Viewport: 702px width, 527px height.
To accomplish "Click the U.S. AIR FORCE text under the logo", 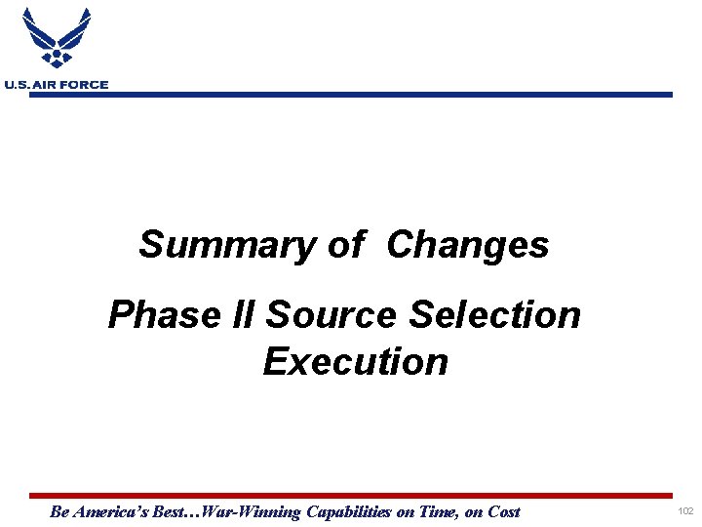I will [x=56, y=85].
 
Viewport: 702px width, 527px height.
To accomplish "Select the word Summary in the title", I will [x=225, y=244].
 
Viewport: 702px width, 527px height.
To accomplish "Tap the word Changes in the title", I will [x=468, y=244].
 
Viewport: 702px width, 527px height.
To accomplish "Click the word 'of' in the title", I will [x=346, y=244].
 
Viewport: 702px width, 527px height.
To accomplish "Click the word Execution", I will [x=355, y=361].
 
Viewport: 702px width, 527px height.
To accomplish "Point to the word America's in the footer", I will [x=110, y=511].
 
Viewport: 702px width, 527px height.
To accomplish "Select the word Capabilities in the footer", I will [x=349, y=511].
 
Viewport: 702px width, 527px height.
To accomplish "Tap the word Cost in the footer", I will [x=502, y=511].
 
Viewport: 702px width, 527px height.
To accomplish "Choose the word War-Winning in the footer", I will [x=255, y=511].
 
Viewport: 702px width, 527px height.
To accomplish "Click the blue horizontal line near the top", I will [x=390, y=95].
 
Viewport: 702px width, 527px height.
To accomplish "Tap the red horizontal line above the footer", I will [x=351, y=496].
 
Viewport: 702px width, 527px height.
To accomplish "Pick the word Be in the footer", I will [x=58, y=511].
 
